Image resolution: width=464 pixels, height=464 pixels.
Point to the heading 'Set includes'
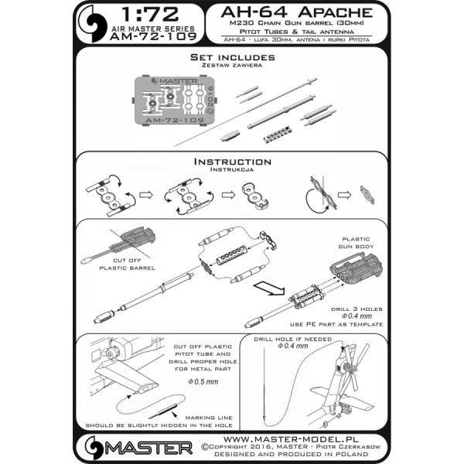[x=232, y=58]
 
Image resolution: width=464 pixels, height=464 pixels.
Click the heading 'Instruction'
[x=232, y=162]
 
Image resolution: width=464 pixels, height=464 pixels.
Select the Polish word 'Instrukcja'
[x=232, y=172]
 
